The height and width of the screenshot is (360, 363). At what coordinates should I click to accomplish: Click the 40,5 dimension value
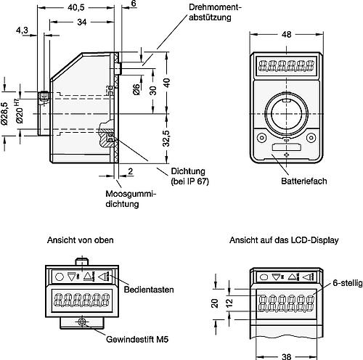(x=76, y=7)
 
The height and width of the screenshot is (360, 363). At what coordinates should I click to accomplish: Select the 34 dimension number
(x=82, y=22)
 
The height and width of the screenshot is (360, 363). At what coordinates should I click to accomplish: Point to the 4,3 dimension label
(x=22, y=30)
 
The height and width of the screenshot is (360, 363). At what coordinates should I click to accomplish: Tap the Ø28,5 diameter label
(x=4, y=114)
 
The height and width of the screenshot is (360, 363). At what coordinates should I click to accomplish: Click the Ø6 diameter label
(x=136, y=89)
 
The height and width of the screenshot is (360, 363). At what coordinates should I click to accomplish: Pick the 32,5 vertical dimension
(x=166, y=139)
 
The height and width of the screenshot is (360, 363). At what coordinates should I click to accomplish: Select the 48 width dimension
(x=286, y=35)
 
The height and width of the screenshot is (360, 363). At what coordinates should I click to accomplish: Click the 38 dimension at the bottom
(x=286, y=356)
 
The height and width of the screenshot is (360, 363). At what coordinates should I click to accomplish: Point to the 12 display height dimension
(x=229, y=303)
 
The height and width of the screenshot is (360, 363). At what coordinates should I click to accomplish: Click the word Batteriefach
(x=304, y=181)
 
